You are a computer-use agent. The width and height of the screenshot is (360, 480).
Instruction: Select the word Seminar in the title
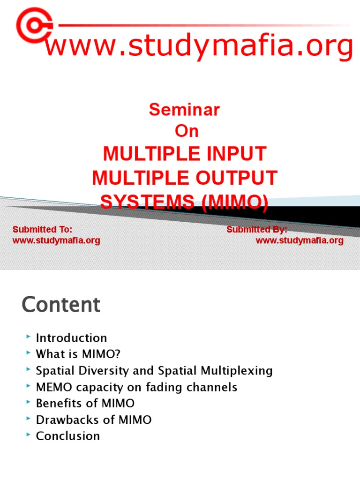click(x=184, y=110)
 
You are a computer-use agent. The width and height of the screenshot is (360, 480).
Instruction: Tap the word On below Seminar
click(x=187, y=132)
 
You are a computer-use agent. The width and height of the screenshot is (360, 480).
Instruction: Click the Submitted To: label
click(x=42, y=229)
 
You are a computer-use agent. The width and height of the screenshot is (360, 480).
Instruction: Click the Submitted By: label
click(x=257, y=229)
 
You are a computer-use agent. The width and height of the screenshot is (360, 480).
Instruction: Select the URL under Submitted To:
click(x=56, y=241)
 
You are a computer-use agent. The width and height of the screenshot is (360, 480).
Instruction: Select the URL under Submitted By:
click(x=300, y=241)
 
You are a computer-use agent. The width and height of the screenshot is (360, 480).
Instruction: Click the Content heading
click(x=61, y=305)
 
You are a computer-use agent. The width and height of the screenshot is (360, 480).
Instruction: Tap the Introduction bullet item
click(x=71, y=338)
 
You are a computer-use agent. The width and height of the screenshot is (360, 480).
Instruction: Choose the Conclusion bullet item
click(x=68, y=436)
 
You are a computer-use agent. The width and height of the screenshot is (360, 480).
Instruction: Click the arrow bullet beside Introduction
click(x=29, y=337)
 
